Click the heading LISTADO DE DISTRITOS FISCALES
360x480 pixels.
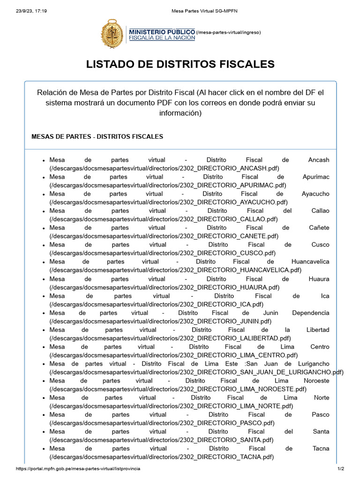[x=180, y=64]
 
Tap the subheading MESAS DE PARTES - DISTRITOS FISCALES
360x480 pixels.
[x=97, y=136]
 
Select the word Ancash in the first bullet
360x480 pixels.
[x=319, y=160]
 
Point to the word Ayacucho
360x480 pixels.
[x=315, y=194]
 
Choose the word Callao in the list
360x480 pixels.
[x=320, y=211]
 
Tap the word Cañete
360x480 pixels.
[x=319, y=228]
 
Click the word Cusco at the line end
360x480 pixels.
[x=320, y=245]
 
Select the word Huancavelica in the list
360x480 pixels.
[x=310, y=262]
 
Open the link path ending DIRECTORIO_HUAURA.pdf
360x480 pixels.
[x=171, y=287]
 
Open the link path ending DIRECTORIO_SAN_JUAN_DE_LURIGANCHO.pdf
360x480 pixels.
[x=196, y=372]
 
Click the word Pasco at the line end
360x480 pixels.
[x=320, y=414]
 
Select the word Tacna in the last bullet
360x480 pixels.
[x=320, y=448]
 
